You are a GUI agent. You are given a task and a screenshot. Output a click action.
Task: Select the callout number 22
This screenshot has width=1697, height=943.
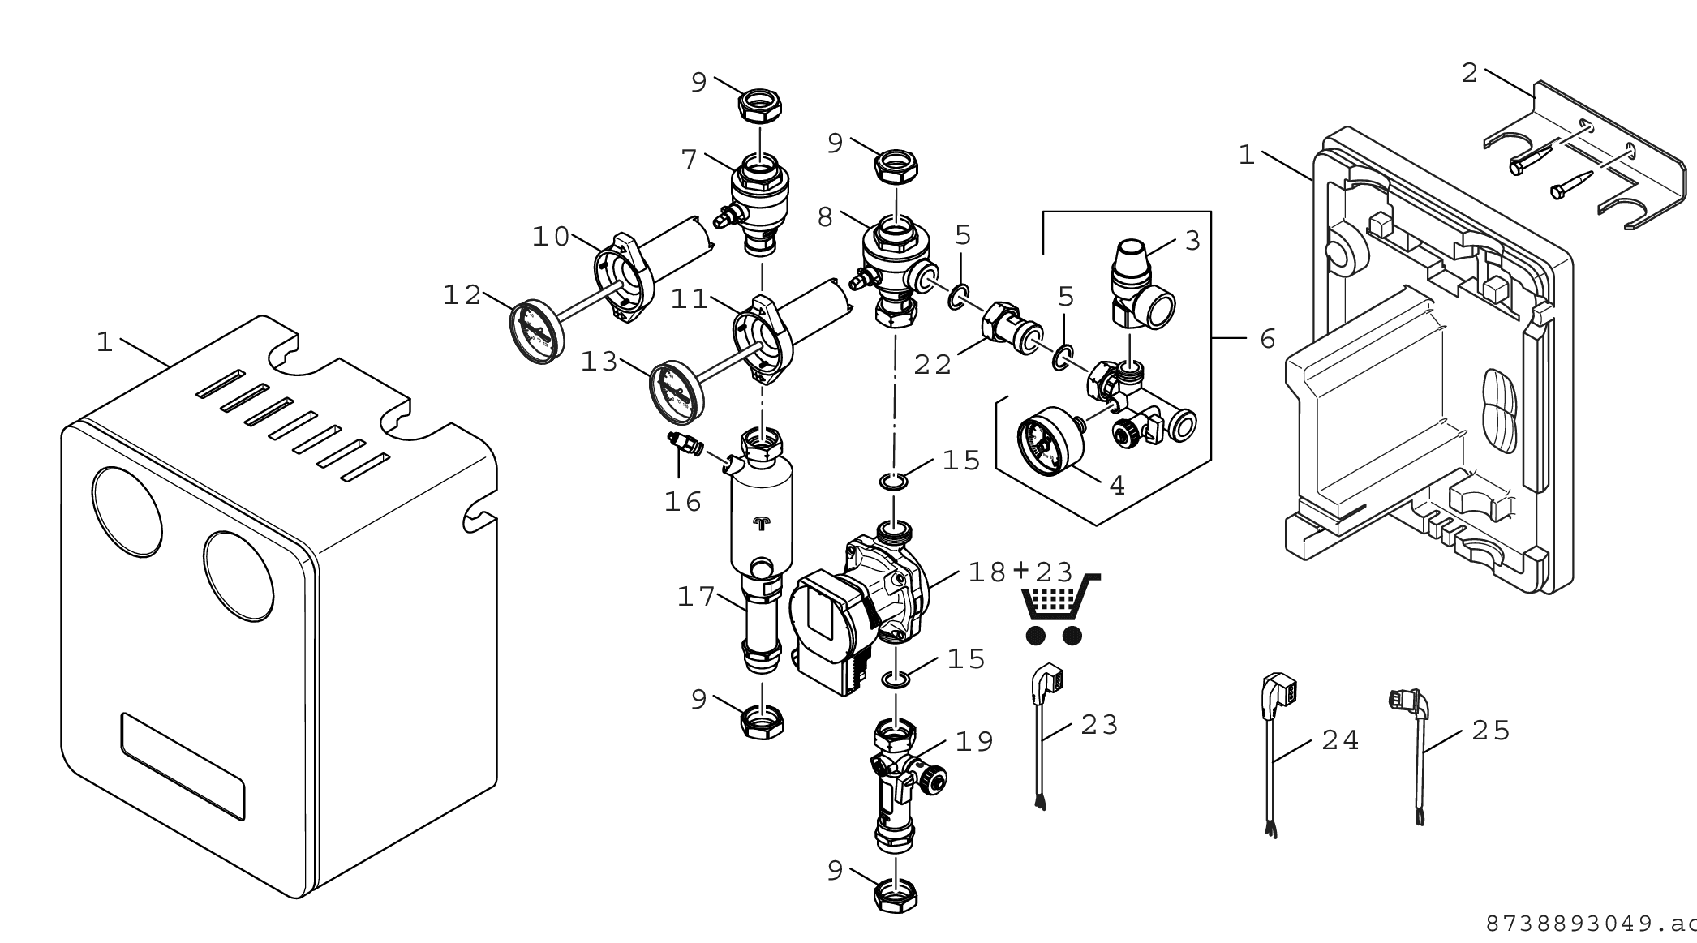coord(932,365)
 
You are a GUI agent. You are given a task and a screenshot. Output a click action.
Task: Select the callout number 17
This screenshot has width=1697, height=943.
coord(696,598)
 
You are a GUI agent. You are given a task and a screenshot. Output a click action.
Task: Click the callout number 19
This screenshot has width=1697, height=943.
coord(974,741)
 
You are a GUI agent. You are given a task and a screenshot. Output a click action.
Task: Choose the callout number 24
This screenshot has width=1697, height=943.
coord(1340,740)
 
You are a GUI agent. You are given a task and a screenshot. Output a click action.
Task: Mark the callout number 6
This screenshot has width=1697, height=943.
coord(1268,339)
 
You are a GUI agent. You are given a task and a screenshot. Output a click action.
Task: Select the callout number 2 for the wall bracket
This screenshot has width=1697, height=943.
coord(1470,74)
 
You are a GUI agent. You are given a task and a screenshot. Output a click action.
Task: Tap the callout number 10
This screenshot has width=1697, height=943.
coord(552,237)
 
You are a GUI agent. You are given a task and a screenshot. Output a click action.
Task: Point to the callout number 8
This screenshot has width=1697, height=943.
coord(825,217)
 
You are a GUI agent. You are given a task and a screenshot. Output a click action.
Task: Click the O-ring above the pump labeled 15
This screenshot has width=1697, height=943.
coord(893,483)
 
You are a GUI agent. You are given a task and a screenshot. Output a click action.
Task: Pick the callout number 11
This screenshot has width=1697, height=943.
coord(690,300)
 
